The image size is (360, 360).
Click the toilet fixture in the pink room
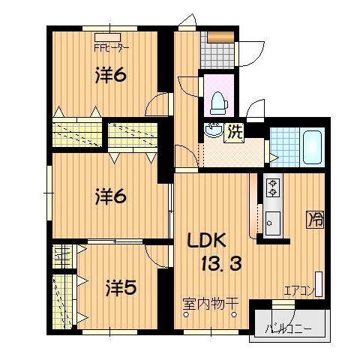(x=219, y=103)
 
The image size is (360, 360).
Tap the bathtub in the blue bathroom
(x=312, y=147)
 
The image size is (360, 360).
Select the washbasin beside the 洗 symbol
(x=213, y=130)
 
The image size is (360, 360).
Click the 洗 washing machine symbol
(x=234, y=133)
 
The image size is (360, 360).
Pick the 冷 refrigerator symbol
(x=315, y=219)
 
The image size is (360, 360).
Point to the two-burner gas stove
(x=273, y=187)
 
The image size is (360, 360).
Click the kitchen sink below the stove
(x=272, y=223)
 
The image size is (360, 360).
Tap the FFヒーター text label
(x=111, y=48)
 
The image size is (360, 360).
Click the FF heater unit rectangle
(x=108, y=37)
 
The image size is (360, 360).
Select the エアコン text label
(x=299, y=291)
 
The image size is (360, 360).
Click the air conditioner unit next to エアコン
(x=319, y=283)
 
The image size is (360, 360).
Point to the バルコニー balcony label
(x=288, y=328)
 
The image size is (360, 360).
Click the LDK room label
(x=208, y=241)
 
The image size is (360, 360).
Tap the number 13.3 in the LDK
(x=222, y=264)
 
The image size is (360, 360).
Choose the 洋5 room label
(x=121, y=288)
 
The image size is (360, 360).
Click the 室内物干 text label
(x=211, y=304)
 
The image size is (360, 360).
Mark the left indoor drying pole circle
(x=186, y=314)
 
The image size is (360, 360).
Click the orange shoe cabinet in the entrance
(x=220, y=37)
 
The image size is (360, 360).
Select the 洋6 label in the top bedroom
(x=110, y=76)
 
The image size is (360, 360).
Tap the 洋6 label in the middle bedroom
(x=110, y=197)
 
